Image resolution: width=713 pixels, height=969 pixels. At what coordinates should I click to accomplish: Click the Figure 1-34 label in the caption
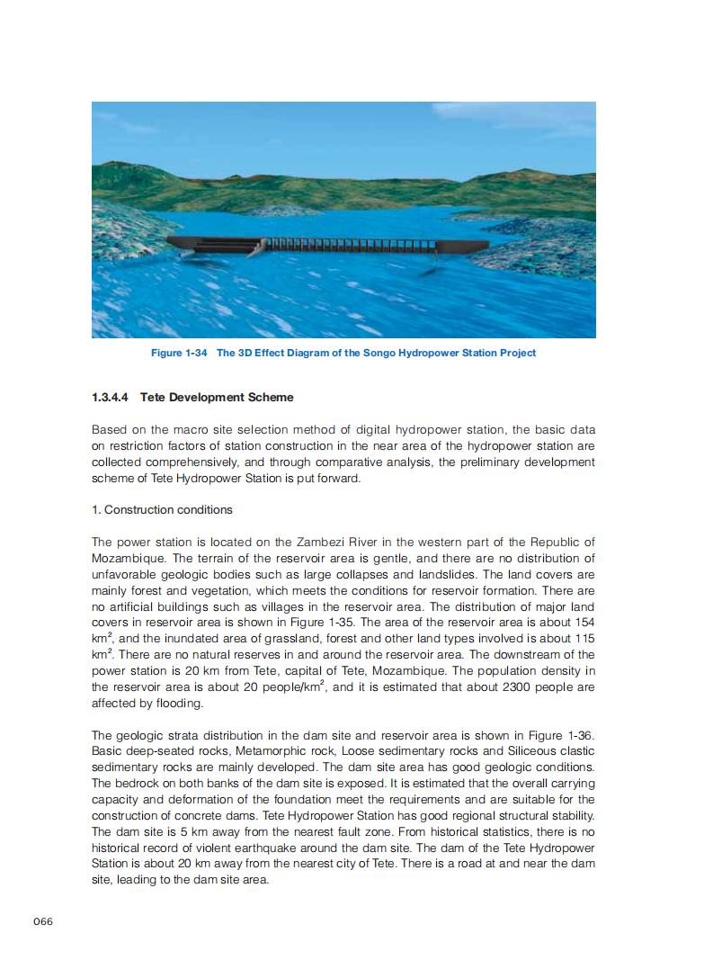(x=180, y=353)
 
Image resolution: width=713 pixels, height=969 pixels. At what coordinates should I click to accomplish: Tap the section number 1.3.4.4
(x=112, y=397)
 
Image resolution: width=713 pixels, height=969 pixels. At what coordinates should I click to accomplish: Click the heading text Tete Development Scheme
(x=217, y=397)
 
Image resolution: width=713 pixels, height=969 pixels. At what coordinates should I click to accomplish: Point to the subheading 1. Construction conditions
(x=162, y=509)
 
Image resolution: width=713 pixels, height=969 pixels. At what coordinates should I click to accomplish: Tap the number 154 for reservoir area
(x=584, y=623)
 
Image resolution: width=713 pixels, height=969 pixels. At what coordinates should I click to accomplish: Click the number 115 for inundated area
(x=584, y=639)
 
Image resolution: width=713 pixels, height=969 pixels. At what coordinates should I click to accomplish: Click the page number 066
(x=44, y=920)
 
